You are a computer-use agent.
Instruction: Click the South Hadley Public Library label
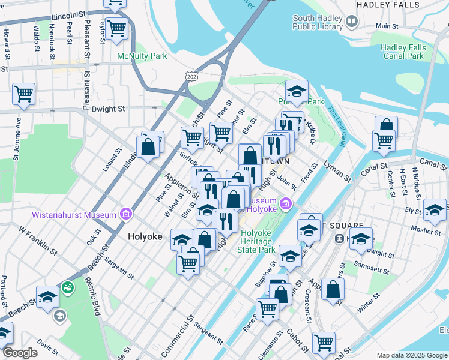pyautogui.click(x=318, y=22)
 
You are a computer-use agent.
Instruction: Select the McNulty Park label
pyautogui.click(x=142, y=56)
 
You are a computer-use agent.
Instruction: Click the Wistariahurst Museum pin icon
pyautogui.click(x=126, y=214)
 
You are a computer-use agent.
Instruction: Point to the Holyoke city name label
pyautogui.click(x=145, y=236)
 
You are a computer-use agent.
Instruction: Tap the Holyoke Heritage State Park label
pyautogui.click(x=255, y=241)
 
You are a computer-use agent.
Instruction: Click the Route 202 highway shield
pyautogui.click(x=191, y=77)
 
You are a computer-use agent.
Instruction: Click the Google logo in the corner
pyautogui.click(x=20, y=353)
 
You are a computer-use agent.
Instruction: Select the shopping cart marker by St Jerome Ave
pyautogui.click(x=23, y=93)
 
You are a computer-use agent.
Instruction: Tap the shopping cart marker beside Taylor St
pyautogui.click(x=117, y=27)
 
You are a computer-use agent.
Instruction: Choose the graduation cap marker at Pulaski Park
pyautogui.click(x=296, y=91)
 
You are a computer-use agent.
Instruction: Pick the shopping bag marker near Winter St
pyautogui.click(x=333, y=289)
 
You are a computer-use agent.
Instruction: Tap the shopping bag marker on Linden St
pyautogui.click(x=148, y=147)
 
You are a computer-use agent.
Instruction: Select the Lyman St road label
pyautogui.click(x=337, y=170)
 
